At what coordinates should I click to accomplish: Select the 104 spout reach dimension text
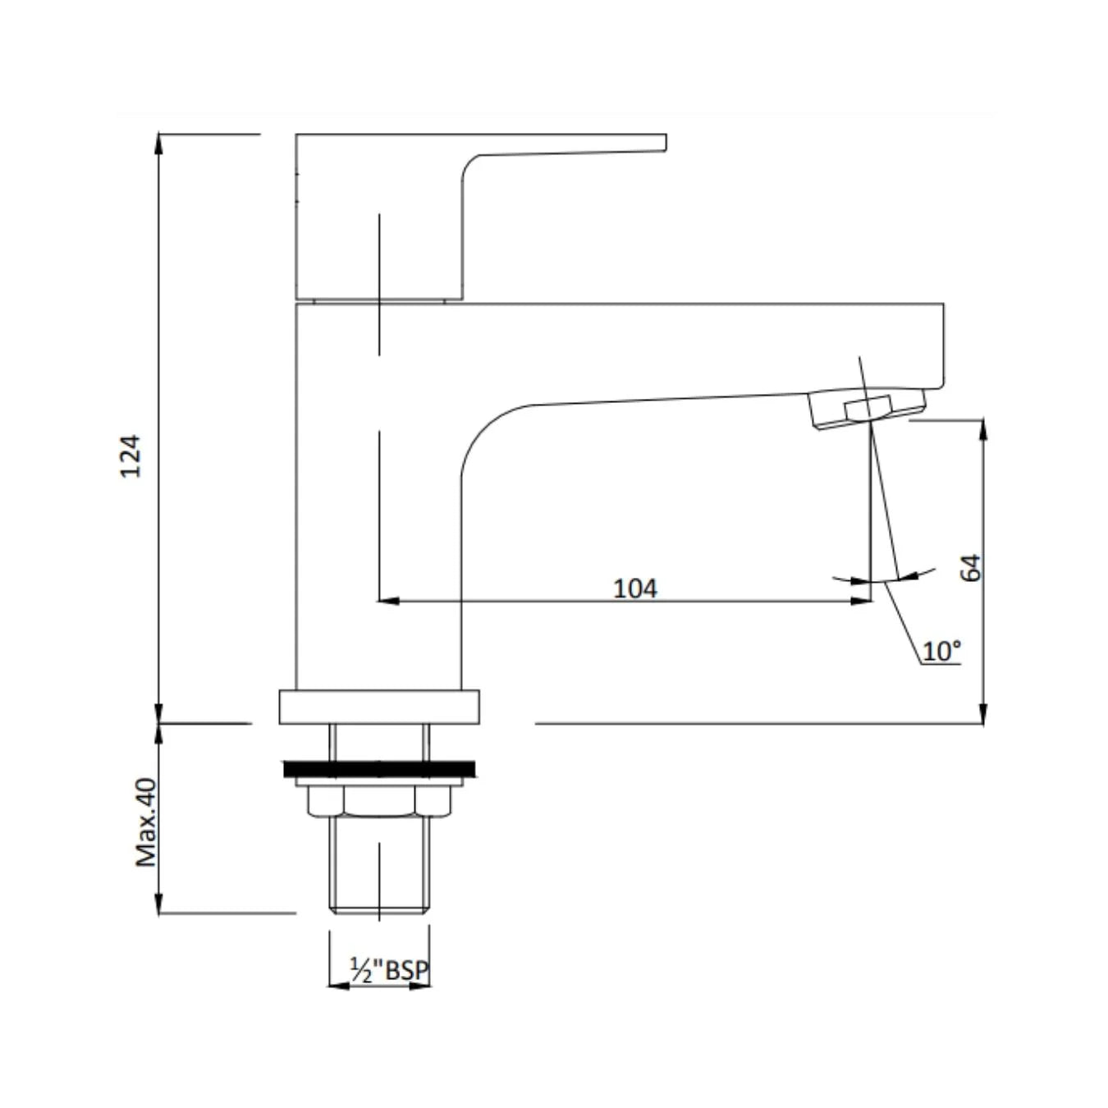click(635, 588)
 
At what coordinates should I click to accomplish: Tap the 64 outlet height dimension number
click(971, 568)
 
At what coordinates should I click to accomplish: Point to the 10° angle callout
click(941, 652)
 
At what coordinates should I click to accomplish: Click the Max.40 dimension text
click(146, 822)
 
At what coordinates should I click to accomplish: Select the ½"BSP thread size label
click(389, 970)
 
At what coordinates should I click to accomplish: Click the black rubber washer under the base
click(379, 769)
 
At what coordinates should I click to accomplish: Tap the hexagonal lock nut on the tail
click(379, 802)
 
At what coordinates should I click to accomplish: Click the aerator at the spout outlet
click(868, 408)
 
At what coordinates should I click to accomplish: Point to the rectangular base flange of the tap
click(379, 707)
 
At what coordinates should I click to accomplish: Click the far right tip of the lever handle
click(663, 143)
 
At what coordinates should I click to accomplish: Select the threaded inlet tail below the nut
click(379, 866)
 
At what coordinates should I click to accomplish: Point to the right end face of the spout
click(943, 345)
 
